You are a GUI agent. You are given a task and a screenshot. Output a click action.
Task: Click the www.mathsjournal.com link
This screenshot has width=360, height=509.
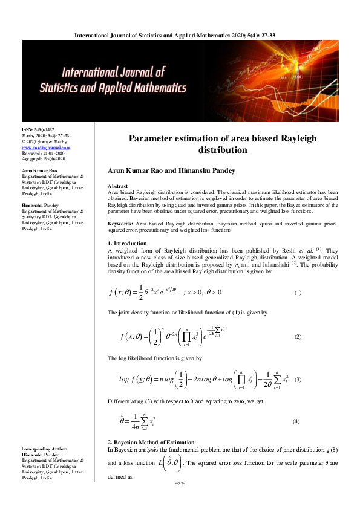pyautogui.click(x=46, y=147)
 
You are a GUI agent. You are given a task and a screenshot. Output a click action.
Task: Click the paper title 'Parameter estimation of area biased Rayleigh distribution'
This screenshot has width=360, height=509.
pyautogui.click(x=223, y=144)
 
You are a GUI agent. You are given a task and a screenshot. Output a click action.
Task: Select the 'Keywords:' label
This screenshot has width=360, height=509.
pyautogui.click(x=120, y=207)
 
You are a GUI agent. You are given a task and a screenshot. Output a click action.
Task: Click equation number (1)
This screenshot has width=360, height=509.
pyautogui.click(x=297, y=293)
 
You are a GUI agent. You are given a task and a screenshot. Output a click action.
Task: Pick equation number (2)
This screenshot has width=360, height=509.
pyautogui.click(x=297, y=336)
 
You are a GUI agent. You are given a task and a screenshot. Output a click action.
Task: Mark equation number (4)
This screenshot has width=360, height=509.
pyautogui.click(x=296, y=421)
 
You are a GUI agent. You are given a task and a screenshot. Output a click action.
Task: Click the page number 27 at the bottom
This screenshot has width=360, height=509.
pyautogui.click(x=180, y=500)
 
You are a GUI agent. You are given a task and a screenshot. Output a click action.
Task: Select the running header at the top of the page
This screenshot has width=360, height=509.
pyautogui.click(x=180, y=36)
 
